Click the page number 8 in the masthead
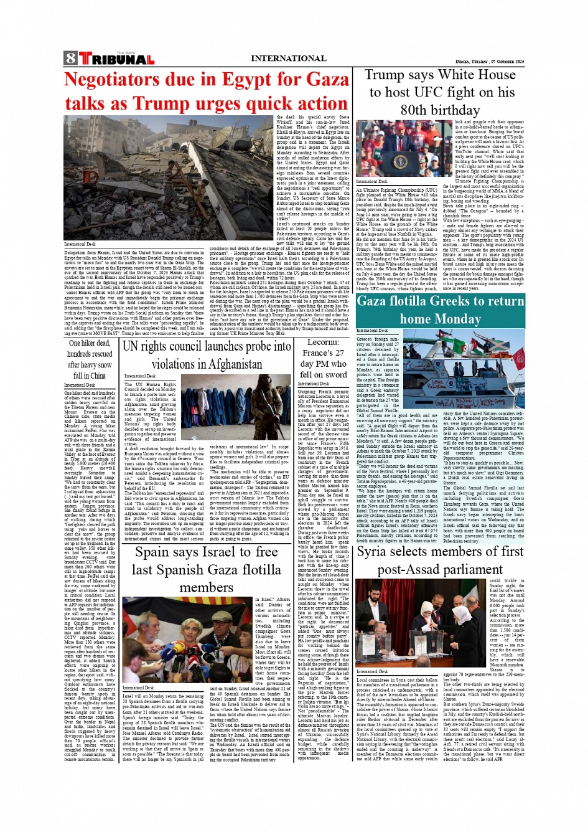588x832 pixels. (x=70, y=59)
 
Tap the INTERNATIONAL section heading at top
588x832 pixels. (x=288, y=59)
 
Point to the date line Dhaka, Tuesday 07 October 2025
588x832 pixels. (x=490, y=62)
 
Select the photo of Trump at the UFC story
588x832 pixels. (x=398, y=150)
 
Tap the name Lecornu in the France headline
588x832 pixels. (x=323, y=343)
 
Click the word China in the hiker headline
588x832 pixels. (x=98, y=376)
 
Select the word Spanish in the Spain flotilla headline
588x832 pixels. (x=180, y=570)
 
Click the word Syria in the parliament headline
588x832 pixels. (x=371, y=552)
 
